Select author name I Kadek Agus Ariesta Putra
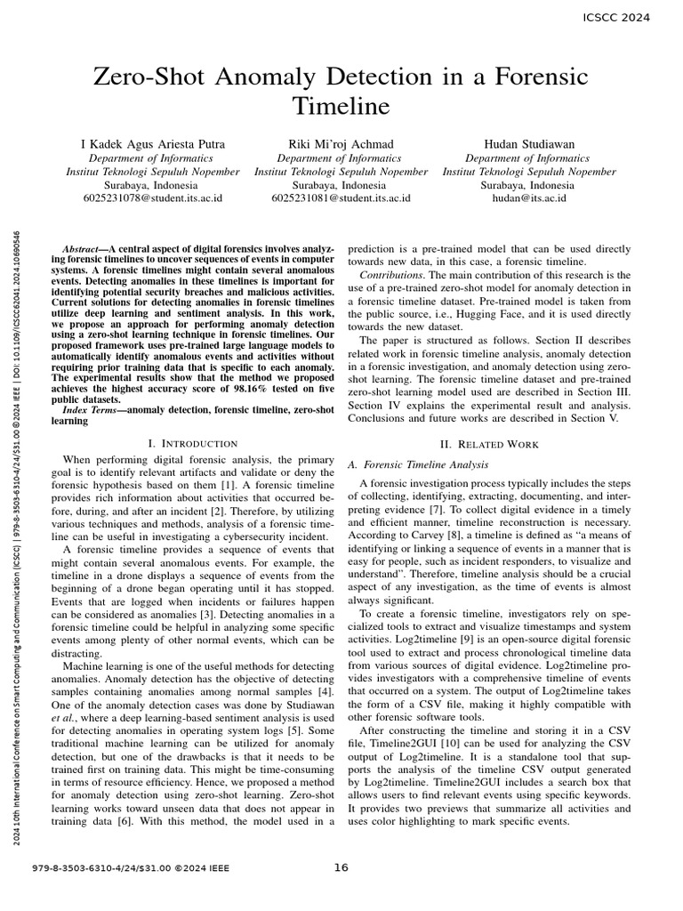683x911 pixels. (x=153, y=144)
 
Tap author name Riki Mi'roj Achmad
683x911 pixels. (x=341, y=144)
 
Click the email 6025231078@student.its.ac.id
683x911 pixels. (x=153, y=198)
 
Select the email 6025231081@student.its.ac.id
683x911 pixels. (x=341, y=198)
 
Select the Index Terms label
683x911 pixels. (x=93, y=409)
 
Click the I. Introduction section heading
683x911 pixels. (x=192, y=443)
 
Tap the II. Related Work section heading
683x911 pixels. (x=490, y=443)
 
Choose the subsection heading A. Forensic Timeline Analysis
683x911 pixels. (x=416, y=464)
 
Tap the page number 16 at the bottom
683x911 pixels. (x=341, y=868)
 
